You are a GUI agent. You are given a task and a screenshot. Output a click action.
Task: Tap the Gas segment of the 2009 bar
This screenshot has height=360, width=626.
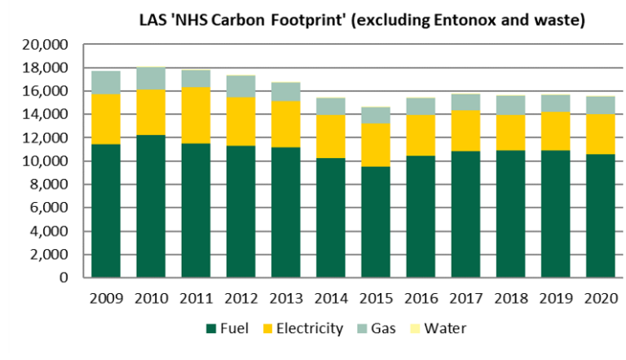106,82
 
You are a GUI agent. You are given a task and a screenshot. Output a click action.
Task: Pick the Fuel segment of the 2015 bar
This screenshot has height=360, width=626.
375,222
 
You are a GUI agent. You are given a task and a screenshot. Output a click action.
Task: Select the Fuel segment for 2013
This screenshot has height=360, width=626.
285,213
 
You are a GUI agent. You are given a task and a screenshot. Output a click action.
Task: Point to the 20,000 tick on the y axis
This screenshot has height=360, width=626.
51,44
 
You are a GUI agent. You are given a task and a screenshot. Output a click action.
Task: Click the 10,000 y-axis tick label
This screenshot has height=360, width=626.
51,161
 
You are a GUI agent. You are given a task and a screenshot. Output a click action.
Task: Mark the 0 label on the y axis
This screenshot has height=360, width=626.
68,278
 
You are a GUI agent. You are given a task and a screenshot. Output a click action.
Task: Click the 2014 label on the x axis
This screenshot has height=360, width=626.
330,298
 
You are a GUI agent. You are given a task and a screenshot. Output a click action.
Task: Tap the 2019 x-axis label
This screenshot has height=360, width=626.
554,298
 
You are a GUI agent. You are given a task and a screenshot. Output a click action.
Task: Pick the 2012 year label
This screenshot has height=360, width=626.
240,298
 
